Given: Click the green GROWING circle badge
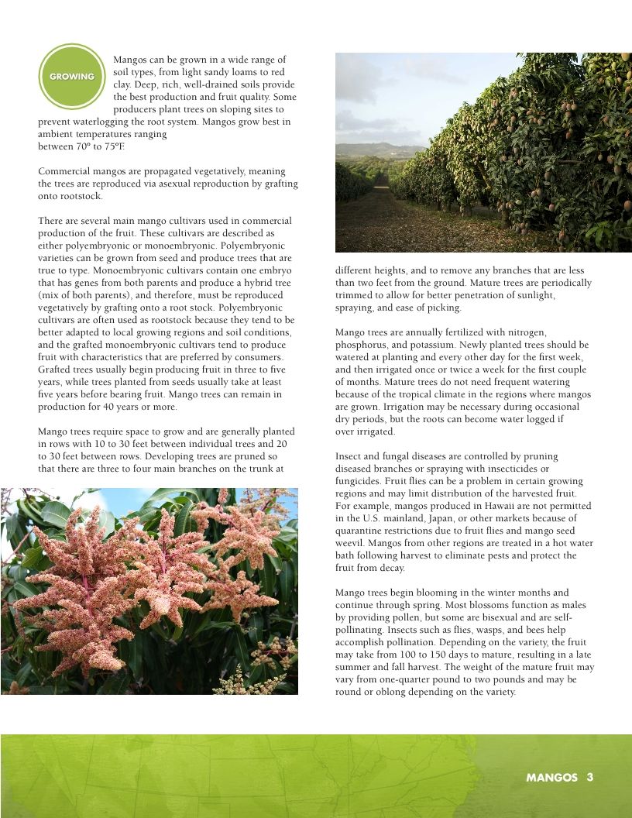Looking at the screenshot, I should [71, 77].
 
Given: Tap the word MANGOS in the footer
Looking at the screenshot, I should [551, 778].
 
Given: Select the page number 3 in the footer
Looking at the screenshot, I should [589, 778].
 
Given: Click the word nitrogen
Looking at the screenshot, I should [530, 332].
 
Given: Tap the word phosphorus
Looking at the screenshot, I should [362, 345].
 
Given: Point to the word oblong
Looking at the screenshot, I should [385, 692].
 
